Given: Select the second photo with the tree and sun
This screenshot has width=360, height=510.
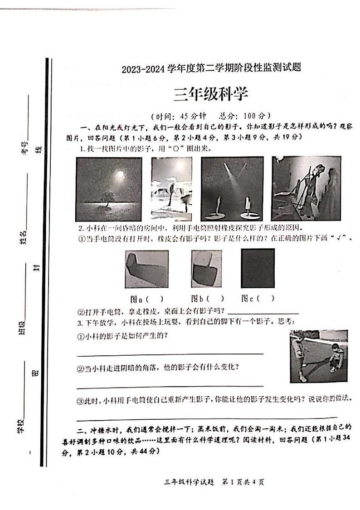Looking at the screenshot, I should tap(171, 189).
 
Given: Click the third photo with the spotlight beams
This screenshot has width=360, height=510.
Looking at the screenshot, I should tap(232, 189).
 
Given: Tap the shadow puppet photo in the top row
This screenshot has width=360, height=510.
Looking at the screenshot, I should tap(306, 189).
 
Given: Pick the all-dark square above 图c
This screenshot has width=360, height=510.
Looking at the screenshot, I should tap(258, 268).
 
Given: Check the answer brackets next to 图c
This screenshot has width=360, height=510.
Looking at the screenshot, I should tap(266, 299).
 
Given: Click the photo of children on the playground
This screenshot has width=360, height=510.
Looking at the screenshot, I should tap(318, 356).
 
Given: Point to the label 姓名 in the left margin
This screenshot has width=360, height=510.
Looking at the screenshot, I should tap(23, 238).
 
